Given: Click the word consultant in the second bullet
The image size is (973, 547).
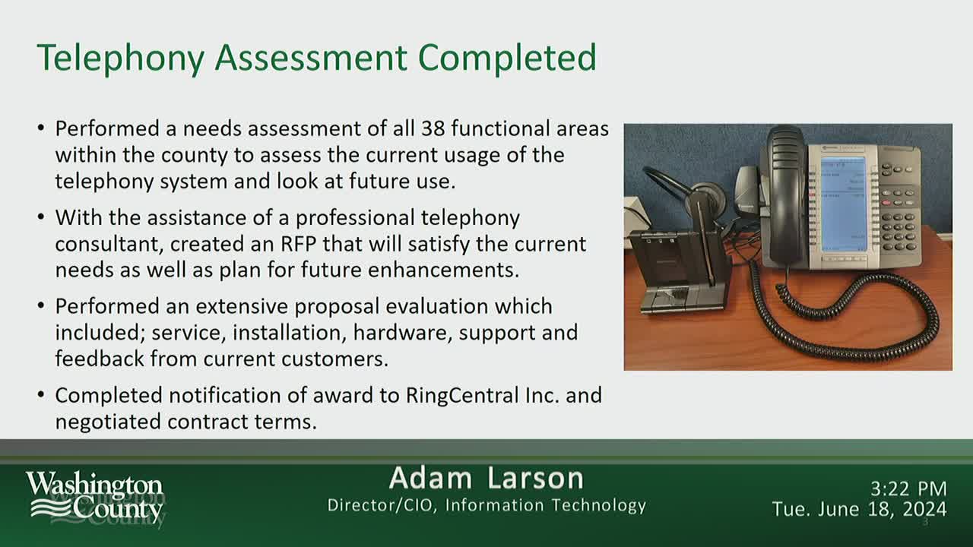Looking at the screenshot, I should click(108, 244).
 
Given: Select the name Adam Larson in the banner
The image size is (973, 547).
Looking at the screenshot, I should click(486, 479).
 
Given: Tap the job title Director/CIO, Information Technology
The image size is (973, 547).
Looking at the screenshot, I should click(486, 505).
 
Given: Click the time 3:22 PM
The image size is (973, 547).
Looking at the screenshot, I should click(908, 489).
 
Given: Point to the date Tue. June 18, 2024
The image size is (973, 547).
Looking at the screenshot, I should click(859, 509).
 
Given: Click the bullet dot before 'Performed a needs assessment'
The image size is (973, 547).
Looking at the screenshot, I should click(41, 128).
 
